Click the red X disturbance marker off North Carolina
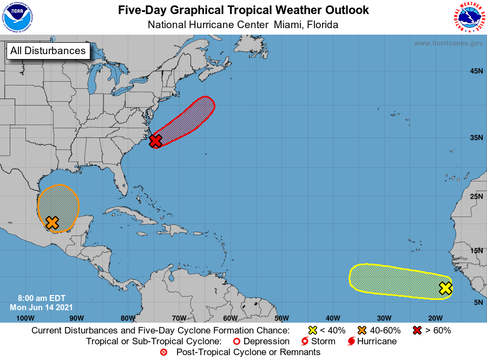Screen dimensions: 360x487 (x=155, y=141)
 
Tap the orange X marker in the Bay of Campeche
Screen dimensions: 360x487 (x=52, y=222)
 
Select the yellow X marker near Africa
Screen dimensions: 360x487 (x=445, y=288)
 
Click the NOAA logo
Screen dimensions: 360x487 (x=17, y=17)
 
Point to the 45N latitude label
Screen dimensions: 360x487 (x=476, y=71)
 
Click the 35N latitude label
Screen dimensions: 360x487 (x=476, y=138)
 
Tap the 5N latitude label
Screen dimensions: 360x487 (x=478, y=302)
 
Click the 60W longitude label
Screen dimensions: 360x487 (x=230, y=318)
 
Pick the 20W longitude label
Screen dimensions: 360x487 (x=436, y=318)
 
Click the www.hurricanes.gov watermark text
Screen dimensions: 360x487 (x=448, y=43)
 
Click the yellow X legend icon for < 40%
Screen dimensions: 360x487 (x=312, y=330)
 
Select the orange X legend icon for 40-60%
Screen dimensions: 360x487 (x=363, y=330)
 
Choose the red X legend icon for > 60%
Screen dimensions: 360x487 (x=417, y=330)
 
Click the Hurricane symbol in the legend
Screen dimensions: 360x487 (x=352, y=342)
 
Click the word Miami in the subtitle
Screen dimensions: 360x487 (x=289, y=25)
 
